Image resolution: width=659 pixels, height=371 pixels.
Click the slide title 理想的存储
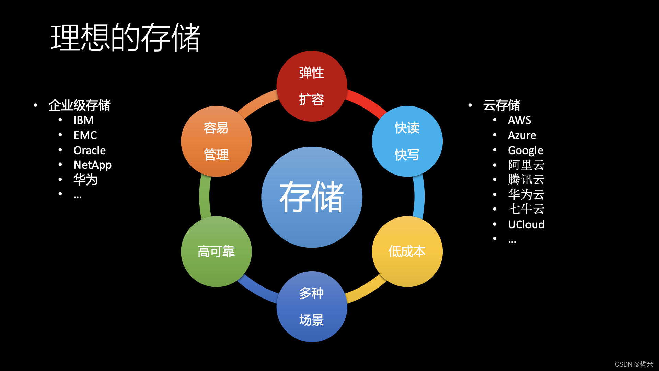[125, 38]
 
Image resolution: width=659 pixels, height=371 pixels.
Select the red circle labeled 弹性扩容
[312, 86]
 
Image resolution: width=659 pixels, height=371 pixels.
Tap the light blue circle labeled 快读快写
[407, 141]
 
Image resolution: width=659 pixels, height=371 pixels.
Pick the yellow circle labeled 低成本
[407, 251]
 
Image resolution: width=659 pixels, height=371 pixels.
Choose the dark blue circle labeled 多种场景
[312, 306]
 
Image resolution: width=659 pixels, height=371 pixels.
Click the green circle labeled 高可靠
[216, 251]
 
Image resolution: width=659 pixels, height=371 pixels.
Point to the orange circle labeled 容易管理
[216, 141]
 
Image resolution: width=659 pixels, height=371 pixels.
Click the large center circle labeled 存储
[312, 197]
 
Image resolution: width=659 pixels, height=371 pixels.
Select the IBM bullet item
[83, 120]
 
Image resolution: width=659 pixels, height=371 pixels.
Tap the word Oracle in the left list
[90, 150]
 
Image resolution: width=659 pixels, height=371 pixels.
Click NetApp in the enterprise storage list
[93, 165]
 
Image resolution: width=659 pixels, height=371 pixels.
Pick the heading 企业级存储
[79, 105]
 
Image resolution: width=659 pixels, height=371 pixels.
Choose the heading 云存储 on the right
[501, 105]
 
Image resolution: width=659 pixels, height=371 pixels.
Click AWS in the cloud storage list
[519, 120]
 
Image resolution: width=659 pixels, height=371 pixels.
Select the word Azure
[522, 135]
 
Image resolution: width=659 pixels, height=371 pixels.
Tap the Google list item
[525, 150]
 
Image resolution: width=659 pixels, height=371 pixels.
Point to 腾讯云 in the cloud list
[526, 179]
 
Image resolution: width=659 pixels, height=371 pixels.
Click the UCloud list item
[526, 224]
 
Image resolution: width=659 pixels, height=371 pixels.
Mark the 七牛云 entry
[526, 209]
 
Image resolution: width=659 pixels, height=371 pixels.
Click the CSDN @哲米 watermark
[634, 364]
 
